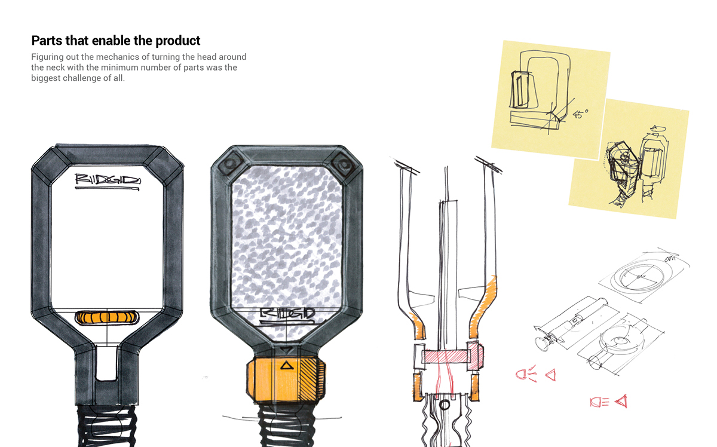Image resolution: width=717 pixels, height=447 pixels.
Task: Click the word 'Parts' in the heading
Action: pyautogui.click(x=46, y=41)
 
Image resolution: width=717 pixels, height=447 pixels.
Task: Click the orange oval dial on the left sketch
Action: pyautogui.click(x=108, y=317)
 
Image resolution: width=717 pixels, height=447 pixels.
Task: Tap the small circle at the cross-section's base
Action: pyautogui.click(x=444, y=406)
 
